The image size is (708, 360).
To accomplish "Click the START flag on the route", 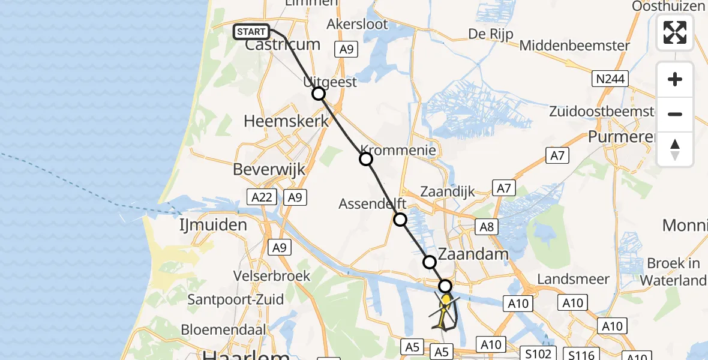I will point(251,32).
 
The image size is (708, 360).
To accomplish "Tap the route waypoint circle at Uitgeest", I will point(319,94).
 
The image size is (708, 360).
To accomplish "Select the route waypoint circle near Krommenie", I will point(366,159).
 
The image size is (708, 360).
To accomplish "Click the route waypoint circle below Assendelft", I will point(400,220).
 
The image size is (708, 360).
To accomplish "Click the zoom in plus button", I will point(675,79).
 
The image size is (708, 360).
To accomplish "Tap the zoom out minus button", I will point(675,114).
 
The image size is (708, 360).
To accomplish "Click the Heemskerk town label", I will point(286,121).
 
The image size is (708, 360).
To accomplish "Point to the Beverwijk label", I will point(269,169).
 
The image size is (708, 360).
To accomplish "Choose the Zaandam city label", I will point(473,254).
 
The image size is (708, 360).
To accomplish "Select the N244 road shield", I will point(610,79).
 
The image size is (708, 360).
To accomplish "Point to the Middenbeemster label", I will point(575,46).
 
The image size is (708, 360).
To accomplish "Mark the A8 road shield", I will point(487,227).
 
